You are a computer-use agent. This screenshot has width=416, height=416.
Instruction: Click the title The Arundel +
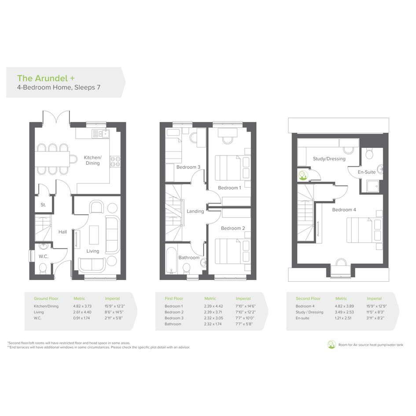pos(46,78)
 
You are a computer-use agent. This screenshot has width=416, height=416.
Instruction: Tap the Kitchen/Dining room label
pos(92,160)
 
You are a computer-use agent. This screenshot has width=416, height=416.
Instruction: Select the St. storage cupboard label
pos(43,205)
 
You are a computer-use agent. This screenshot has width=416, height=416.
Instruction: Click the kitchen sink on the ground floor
pos(100,134)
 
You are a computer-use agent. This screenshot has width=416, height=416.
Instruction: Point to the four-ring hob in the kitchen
pos(115,162)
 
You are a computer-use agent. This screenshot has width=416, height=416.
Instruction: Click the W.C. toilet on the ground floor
pos(43,269)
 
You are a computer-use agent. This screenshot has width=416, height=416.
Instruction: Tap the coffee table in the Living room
pos(94,235)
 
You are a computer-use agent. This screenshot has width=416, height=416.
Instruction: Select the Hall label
pos(63,232)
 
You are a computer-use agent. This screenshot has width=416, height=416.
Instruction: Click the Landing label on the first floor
pos(195,211)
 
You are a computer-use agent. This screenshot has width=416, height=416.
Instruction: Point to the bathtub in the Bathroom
pos(171,261)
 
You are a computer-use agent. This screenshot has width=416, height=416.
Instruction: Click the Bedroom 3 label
pos(188,167)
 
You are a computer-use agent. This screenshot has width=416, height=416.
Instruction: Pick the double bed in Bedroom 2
pos(233,251)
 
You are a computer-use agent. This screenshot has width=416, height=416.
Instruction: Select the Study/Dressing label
pos(329,159)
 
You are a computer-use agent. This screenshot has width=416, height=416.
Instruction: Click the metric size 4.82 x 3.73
pos(82,306)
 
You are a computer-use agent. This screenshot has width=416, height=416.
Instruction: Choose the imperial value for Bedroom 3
pos(245,318)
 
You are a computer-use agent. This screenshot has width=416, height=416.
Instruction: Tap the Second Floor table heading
pos(308,298)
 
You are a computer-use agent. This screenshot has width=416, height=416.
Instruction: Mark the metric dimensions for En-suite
pos(343,318)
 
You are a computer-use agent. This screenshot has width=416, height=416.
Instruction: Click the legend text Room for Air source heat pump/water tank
pos(371,345)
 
